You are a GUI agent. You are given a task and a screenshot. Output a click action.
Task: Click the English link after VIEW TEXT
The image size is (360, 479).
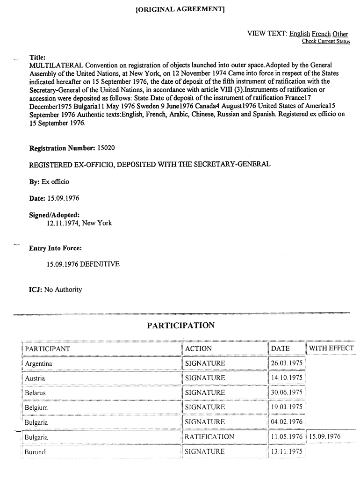pos(299,34)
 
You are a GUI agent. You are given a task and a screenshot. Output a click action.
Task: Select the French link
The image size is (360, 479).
pos(321,34)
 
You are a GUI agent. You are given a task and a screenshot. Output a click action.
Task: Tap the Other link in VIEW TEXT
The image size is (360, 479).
pos(340,34)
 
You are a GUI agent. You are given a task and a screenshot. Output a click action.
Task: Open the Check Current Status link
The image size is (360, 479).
pos(326,42)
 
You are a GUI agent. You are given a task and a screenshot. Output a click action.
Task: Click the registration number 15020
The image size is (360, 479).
pos(106,148)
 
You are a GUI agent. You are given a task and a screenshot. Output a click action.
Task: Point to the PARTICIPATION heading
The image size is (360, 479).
pos(180,326)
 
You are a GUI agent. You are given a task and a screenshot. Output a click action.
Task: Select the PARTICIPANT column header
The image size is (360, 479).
pos(48,348)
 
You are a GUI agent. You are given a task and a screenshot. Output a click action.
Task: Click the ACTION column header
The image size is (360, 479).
pos(198,348)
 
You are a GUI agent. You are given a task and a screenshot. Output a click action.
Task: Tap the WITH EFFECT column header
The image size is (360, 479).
pos(331,348)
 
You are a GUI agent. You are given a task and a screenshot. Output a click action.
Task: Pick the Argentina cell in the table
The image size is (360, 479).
pos(38,363)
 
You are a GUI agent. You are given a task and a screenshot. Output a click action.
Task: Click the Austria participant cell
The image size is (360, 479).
pos(35,378)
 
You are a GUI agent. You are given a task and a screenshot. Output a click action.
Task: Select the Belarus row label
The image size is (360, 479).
pos(36,393)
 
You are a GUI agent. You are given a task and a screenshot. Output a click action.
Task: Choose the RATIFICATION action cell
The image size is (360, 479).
pos(209,437)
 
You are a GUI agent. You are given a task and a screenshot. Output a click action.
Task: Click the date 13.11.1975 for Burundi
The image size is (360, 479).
pos(287,452)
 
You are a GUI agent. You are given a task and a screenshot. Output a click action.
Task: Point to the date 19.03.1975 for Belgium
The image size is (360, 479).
pos(287,407)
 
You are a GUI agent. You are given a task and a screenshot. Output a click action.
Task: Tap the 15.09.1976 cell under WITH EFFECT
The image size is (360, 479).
pos(324,437)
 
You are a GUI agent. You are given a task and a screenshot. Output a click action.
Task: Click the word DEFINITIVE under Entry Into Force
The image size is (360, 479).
pos(100,264)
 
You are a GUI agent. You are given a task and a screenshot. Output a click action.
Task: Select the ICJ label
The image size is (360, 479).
pos(36,290)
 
